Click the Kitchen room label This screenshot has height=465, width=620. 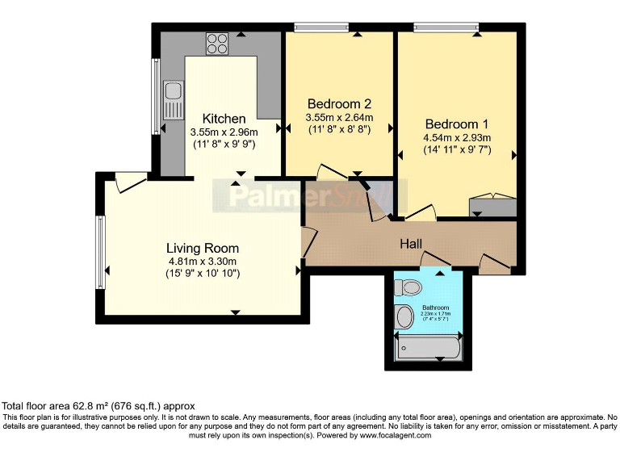224,119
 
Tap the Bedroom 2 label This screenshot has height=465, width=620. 339,103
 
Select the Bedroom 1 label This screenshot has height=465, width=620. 457,124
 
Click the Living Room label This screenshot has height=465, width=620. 203,248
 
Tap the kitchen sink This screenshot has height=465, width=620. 173,100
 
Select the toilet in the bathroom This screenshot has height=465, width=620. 409,287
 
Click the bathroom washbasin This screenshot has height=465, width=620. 404,317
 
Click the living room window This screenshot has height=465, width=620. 100,252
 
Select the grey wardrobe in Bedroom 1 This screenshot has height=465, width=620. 491,205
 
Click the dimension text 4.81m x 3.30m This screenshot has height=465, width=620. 203,262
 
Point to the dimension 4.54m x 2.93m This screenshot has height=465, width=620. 457,138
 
